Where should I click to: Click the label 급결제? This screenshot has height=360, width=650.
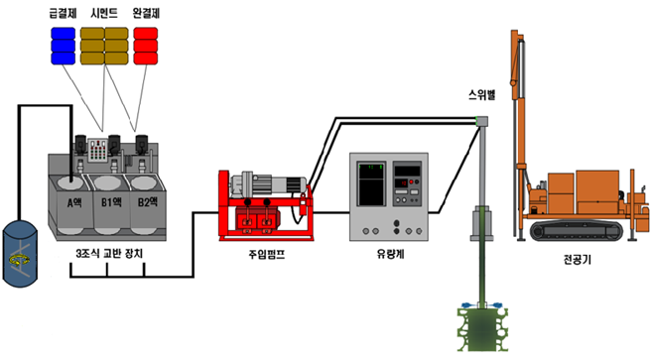(63, 13)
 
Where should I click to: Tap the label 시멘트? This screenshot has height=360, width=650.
(104, 13)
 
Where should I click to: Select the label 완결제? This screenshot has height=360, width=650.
(146, 13)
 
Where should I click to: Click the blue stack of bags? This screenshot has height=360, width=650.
(63, 46)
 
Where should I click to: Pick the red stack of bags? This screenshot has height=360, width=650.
(146, 46)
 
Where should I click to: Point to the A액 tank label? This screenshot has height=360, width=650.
(74, 202)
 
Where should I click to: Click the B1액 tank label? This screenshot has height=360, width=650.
(111, 202)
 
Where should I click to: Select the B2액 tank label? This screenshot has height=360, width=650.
(148, 202)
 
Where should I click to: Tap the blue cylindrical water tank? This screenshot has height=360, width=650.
(20, 254)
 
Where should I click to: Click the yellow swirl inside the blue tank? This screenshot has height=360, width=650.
(20, 260)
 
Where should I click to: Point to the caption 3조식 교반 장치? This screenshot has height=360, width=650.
(109, 254)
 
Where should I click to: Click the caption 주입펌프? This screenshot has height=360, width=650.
(267, 254)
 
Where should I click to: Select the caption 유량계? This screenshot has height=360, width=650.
(390, 254)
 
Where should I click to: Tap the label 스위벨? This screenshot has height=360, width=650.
(481, 95)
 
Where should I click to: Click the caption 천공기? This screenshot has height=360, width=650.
(577, 260)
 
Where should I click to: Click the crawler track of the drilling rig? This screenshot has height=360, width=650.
(577, 230)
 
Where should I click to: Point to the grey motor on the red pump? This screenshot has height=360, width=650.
(269, 183)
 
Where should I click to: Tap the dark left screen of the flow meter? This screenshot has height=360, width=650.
(371, 183)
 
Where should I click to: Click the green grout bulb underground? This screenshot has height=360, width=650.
(482, 329)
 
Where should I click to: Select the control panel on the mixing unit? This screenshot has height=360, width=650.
(98, 150)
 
